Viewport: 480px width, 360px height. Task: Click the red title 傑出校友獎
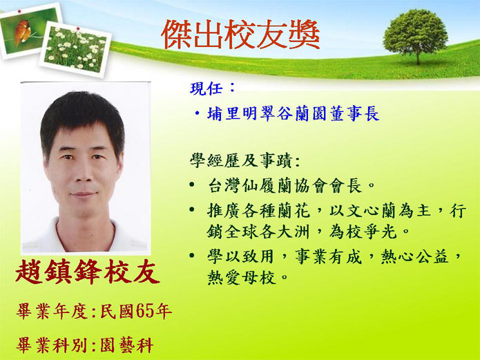(240, 35)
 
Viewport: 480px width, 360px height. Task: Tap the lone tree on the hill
(416, 36)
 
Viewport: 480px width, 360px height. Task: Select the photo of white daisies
(75, 49)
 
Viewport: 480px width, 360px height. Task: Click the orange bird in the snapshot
(22, 31)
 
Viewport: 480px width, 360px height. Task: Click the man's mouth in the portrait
(84, 194)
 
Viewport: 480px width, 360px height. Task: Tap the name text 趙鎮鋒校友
(88, 272)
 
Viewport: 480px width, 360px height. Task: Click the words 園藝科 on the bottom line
(127, 345)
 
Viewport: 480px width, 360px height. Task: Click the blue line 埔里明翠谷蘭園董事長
(293, 114)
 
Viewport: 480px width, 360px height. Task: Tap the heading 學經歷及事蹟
(240, 160)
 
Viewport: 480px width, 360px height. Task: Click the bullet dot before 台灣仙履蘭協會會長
(192, 184)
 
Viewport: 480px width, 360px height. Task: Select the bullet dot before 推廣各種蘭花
(192, 209)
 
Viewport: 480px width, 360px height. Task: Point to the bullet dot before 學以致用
(192, 255)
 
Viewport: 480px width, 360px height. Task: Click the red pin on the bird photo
(19, 11)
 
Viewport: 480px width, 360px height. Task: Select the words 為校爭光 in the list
(363, 232)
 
